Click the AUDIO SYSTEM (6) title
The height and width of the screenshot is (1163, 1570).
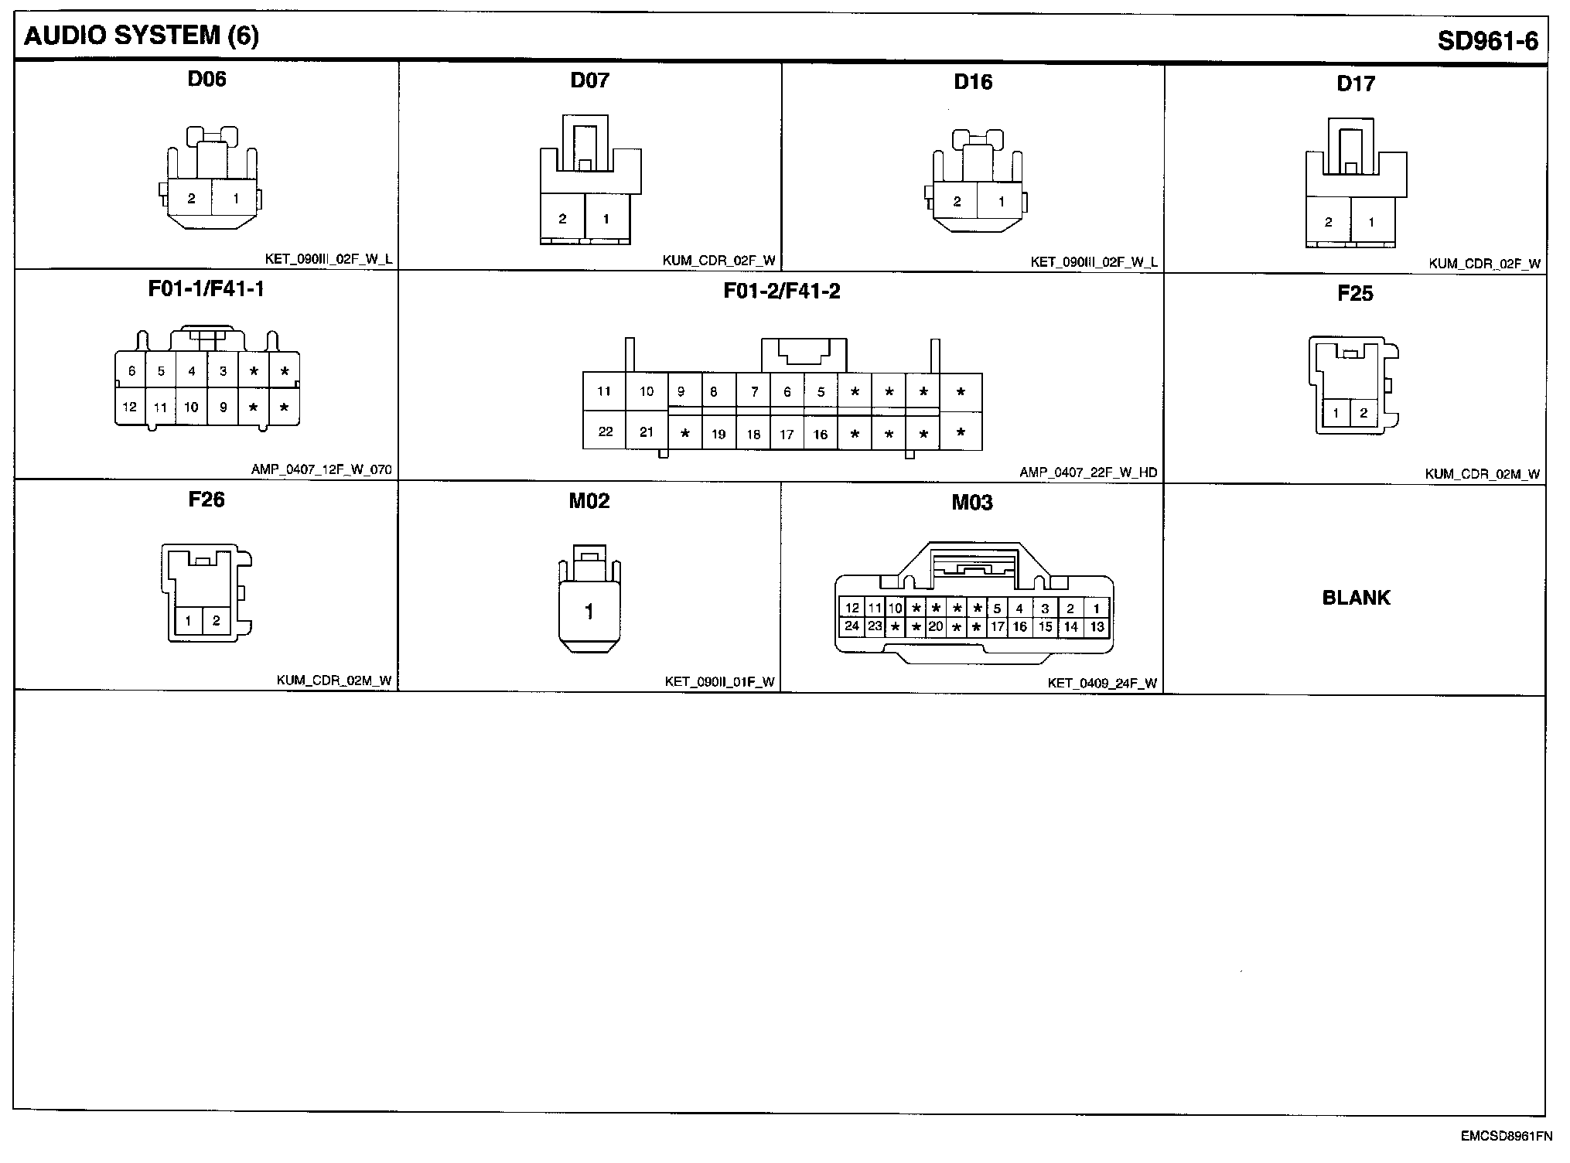pos(142,36)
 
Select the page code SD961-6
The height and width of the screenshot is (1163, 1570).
pos(1487,41)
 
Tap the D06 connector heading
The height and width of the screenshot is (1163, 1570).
pos(206,79)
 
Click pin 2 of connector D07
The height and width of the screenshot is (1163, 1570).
pos(562,220)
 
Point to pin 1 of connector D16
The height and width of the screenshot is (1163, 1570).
pos(1002,202)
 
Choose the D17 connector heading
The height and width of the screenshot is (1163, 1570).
pos(1355,84)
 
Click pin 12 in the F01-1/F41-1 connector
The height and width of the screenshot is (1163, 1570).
pos(129,407)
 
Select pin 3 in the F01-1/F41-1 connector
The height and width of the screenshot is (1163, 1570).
pos(223,371)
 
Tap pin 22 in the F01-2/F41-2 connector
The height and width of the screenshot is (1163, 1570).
pos(605,431)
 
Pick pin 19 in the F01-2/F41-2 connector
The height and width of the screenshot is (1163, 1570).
pos(718,435)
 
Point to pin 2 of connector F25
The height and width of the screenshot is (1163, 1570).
pos(1364,413)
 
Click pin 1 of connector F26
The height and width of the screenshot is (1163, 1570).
pos(188,620)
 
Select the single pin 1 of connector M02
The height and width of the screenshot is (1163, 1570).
pos(589,612)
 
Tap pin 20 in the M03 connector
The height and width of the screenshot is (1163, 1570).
pos(936,626)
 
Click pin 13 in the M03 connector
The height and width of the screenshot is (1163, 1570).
pos(1097,626)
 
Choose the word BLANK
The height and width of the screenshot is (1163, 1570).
pos(1356,597)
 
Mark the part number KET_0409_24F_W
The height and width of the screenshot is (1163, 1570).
pos(1102,683)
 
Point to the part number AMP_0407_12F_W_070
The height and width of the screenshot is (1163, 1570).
pos(321,469)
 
